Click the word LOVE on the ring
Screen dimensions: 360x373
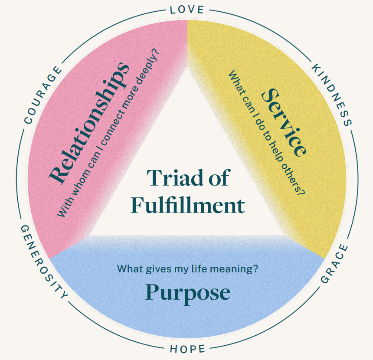point(187,9)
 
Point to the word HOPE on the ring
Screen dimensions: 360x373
point(187,349)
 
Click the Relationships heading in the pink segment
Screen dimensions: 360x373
point(89,122)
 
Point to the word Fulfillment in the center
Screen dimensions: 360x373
point(187,205)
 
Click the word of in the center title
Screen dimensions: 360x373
point(217,177)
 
